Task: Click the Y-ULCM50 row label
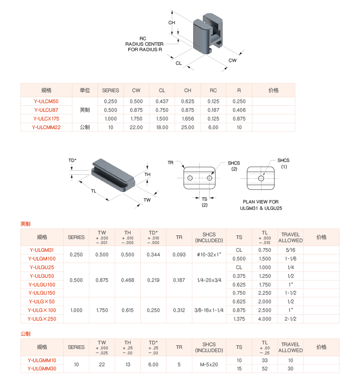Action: [46, 101]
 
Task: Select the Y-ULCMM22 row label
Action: [46, 127]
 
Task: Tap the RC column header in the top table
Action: [213, 90]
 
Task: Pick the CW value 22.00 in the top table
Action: [136, 127]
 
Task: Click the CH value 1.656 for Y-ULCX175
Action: [188, 119]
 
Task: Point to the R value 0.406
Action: [239, 110]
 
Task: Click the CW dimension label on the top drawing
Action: [232, 60]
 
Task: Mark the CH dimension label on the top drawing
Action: [172, 22]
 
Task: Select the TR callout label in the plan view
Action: [170, 162]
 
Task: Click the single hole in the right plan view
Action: [262, 177]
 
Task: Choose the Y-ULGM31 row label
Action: [42, 250]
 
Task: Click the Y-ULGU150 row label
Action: [42, 293]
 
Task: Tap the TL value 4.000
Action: [265, 319]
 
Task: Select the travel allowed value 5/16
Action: [290, 250]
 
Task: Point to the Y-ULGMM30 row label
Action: [42, 368]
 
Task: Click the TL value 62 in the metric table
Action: [265, 368]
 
